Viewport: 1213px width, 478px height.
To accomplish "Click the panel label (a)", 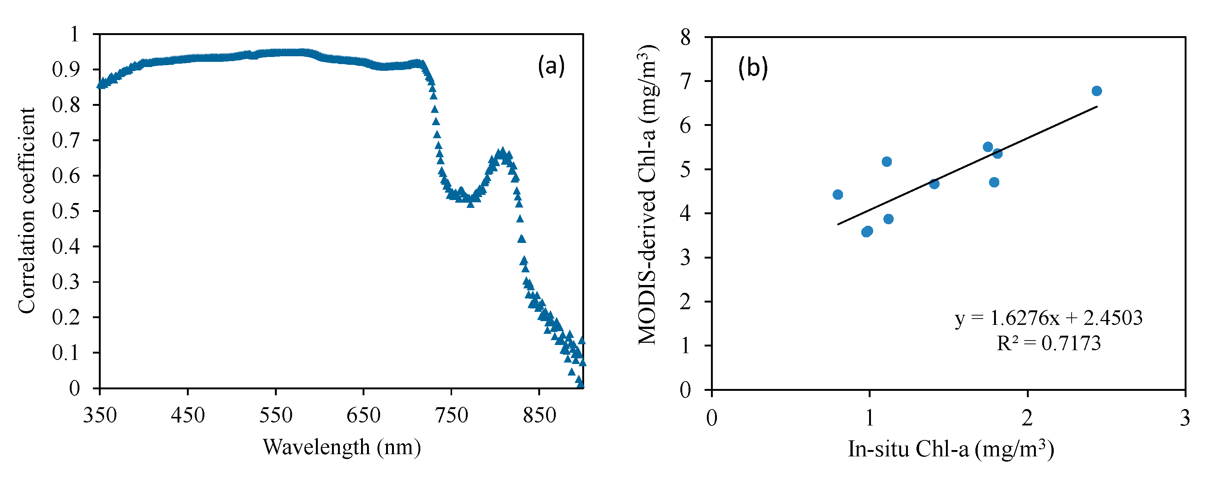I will pos(551,66).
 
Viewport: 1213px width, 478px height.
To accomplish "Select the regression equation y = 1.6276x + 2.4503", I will pos(1049,319).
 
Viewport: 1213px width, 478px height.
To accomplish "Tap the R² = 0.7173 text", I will pos(1049,344).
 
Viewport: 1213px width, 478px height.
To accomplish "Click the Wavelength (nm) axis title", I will pos(341,447).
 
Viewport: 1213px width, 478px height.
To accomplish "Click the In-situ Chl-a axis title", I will pos(951,449).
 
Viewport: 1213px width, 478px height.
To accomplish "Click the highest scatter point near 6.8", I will pos(1097,91).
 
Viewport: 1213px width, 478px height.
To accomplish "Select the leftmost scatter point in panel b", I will pos(838,195).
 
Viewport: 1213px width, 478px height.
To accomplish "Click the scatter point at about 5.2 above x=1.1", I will pos(887,162).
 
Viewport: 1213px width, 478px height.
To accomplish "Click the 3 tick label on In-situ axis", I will pos(1185,418).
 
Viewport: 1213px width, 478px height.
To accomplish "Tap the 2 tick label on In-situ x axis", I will pos(1027,418).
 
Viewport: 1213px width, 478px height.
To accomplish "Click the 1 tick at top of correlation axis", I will pos(74,34).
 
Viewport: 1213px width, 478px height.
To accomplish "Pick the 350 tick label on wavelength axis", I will pos(100,415).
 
